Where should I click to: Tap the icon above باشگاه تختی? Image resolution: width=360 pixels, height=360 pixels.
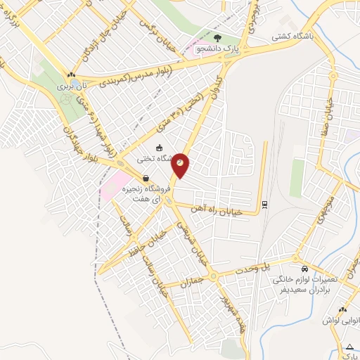(160, 147)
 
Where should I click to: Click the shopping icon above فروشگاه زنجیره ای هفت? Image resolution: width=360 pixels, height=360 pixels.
(146, 178)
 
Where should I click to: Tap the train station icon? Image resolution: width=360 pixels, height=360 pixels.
(264, 205)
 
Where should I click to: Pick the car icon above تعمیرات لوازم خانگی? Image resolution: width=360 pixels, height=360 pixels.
(303, 269)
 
